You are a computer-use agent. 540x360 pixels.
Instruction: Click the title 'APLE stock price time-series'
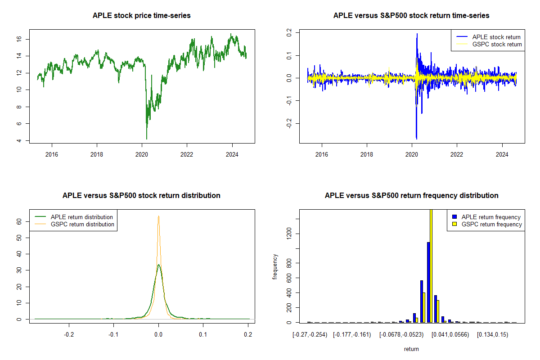tap(142, 16)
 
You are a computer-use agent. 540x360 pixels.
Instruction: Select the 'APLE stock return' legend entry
tap(496, 37)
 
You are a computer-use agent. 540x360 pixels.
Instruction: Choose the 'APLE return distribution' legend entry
tap(82, 217)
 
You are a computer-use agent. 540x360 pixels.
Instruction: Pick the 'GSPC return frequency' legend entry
tap(491, 224)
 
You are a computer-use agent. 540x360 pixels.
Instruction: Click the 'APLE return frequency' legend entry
tap(491, 217)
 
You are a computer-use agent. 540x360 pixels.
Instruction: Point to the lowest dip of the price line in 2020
tap(147, 139)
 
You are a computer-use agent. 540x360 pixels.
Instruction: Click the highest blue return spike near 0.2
tap(417, 34)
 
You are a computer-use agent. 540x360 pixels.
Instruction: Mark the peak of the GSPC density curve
tap(158, 216)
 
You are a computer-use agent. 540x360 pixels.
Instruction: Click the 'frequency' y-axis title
tap(275, 267)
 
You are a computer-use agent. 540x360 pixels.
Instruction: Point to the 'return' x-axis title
tap(411, 349)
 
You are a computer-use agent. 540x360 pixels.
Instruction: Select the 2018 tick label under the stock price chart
tap(97, 154)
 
